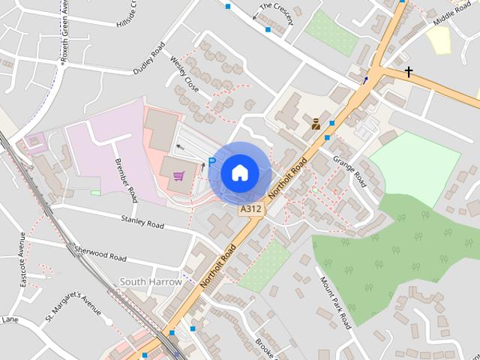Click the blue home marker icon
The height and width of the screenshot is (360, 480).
pos(239,172)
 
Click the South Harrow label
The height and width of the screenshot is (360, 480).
pos(151,281)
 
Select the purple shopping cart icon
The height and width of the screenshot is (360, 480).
pos(178,176)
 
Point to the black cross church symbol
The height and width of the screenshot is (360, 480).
pos(409,73)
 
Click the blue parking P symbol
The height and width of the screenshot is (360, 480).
pos(212,162)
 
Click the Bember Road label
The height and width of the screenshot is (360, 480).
pos(125,181)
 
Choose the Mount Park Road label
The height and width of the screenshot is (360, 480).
pos(335,303)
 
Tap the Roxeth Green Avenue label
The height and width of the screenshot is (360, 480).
pos(63,33)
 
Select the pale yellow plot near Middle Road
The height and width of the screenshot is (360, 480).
pos(439,40)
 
